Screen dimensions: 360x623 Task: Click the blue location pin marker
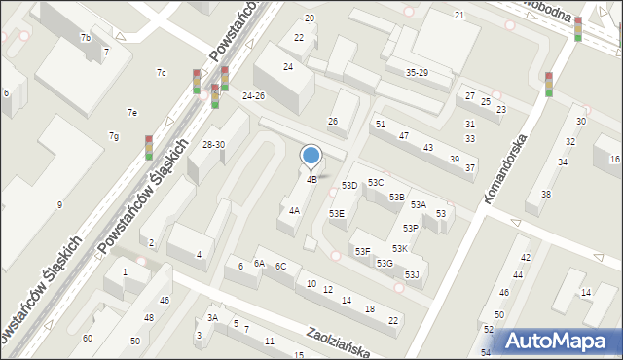tap(311, 156)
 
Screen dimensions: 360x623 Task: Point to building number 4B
tap(311, 179)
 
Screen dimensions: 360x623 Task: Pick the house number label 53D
tap(349, 185)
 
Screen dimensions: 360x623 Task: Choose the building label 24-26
tap(254, 95)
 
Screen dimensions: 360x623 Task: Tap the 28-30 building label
tap(213, 144)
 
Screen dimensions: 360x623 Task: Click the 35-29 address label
tap(417, 73)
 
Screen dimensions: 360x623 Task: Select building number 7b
tap(86, 37)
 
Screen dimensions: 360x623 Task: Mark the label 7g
tap(114, 135)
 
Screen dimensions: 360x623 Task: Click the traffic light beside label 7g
tap(149, 147)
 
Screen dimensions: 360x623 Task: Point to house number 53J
tap(412, 275)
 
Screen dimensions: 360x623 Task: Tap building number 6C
tap(280, 266)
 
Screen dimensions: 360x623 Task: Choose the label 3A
tap(212, 317)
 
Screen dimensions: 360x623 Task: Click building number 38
tap(546, 194)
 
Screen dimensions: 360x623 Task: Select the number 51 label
tap(381, 124)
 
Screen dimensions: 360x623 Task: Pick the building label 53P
tap(411, 228)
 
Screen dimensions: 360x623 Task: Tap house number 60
tap(88, 338)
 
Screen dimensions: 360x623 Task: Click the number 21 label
tap(459, 16)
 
